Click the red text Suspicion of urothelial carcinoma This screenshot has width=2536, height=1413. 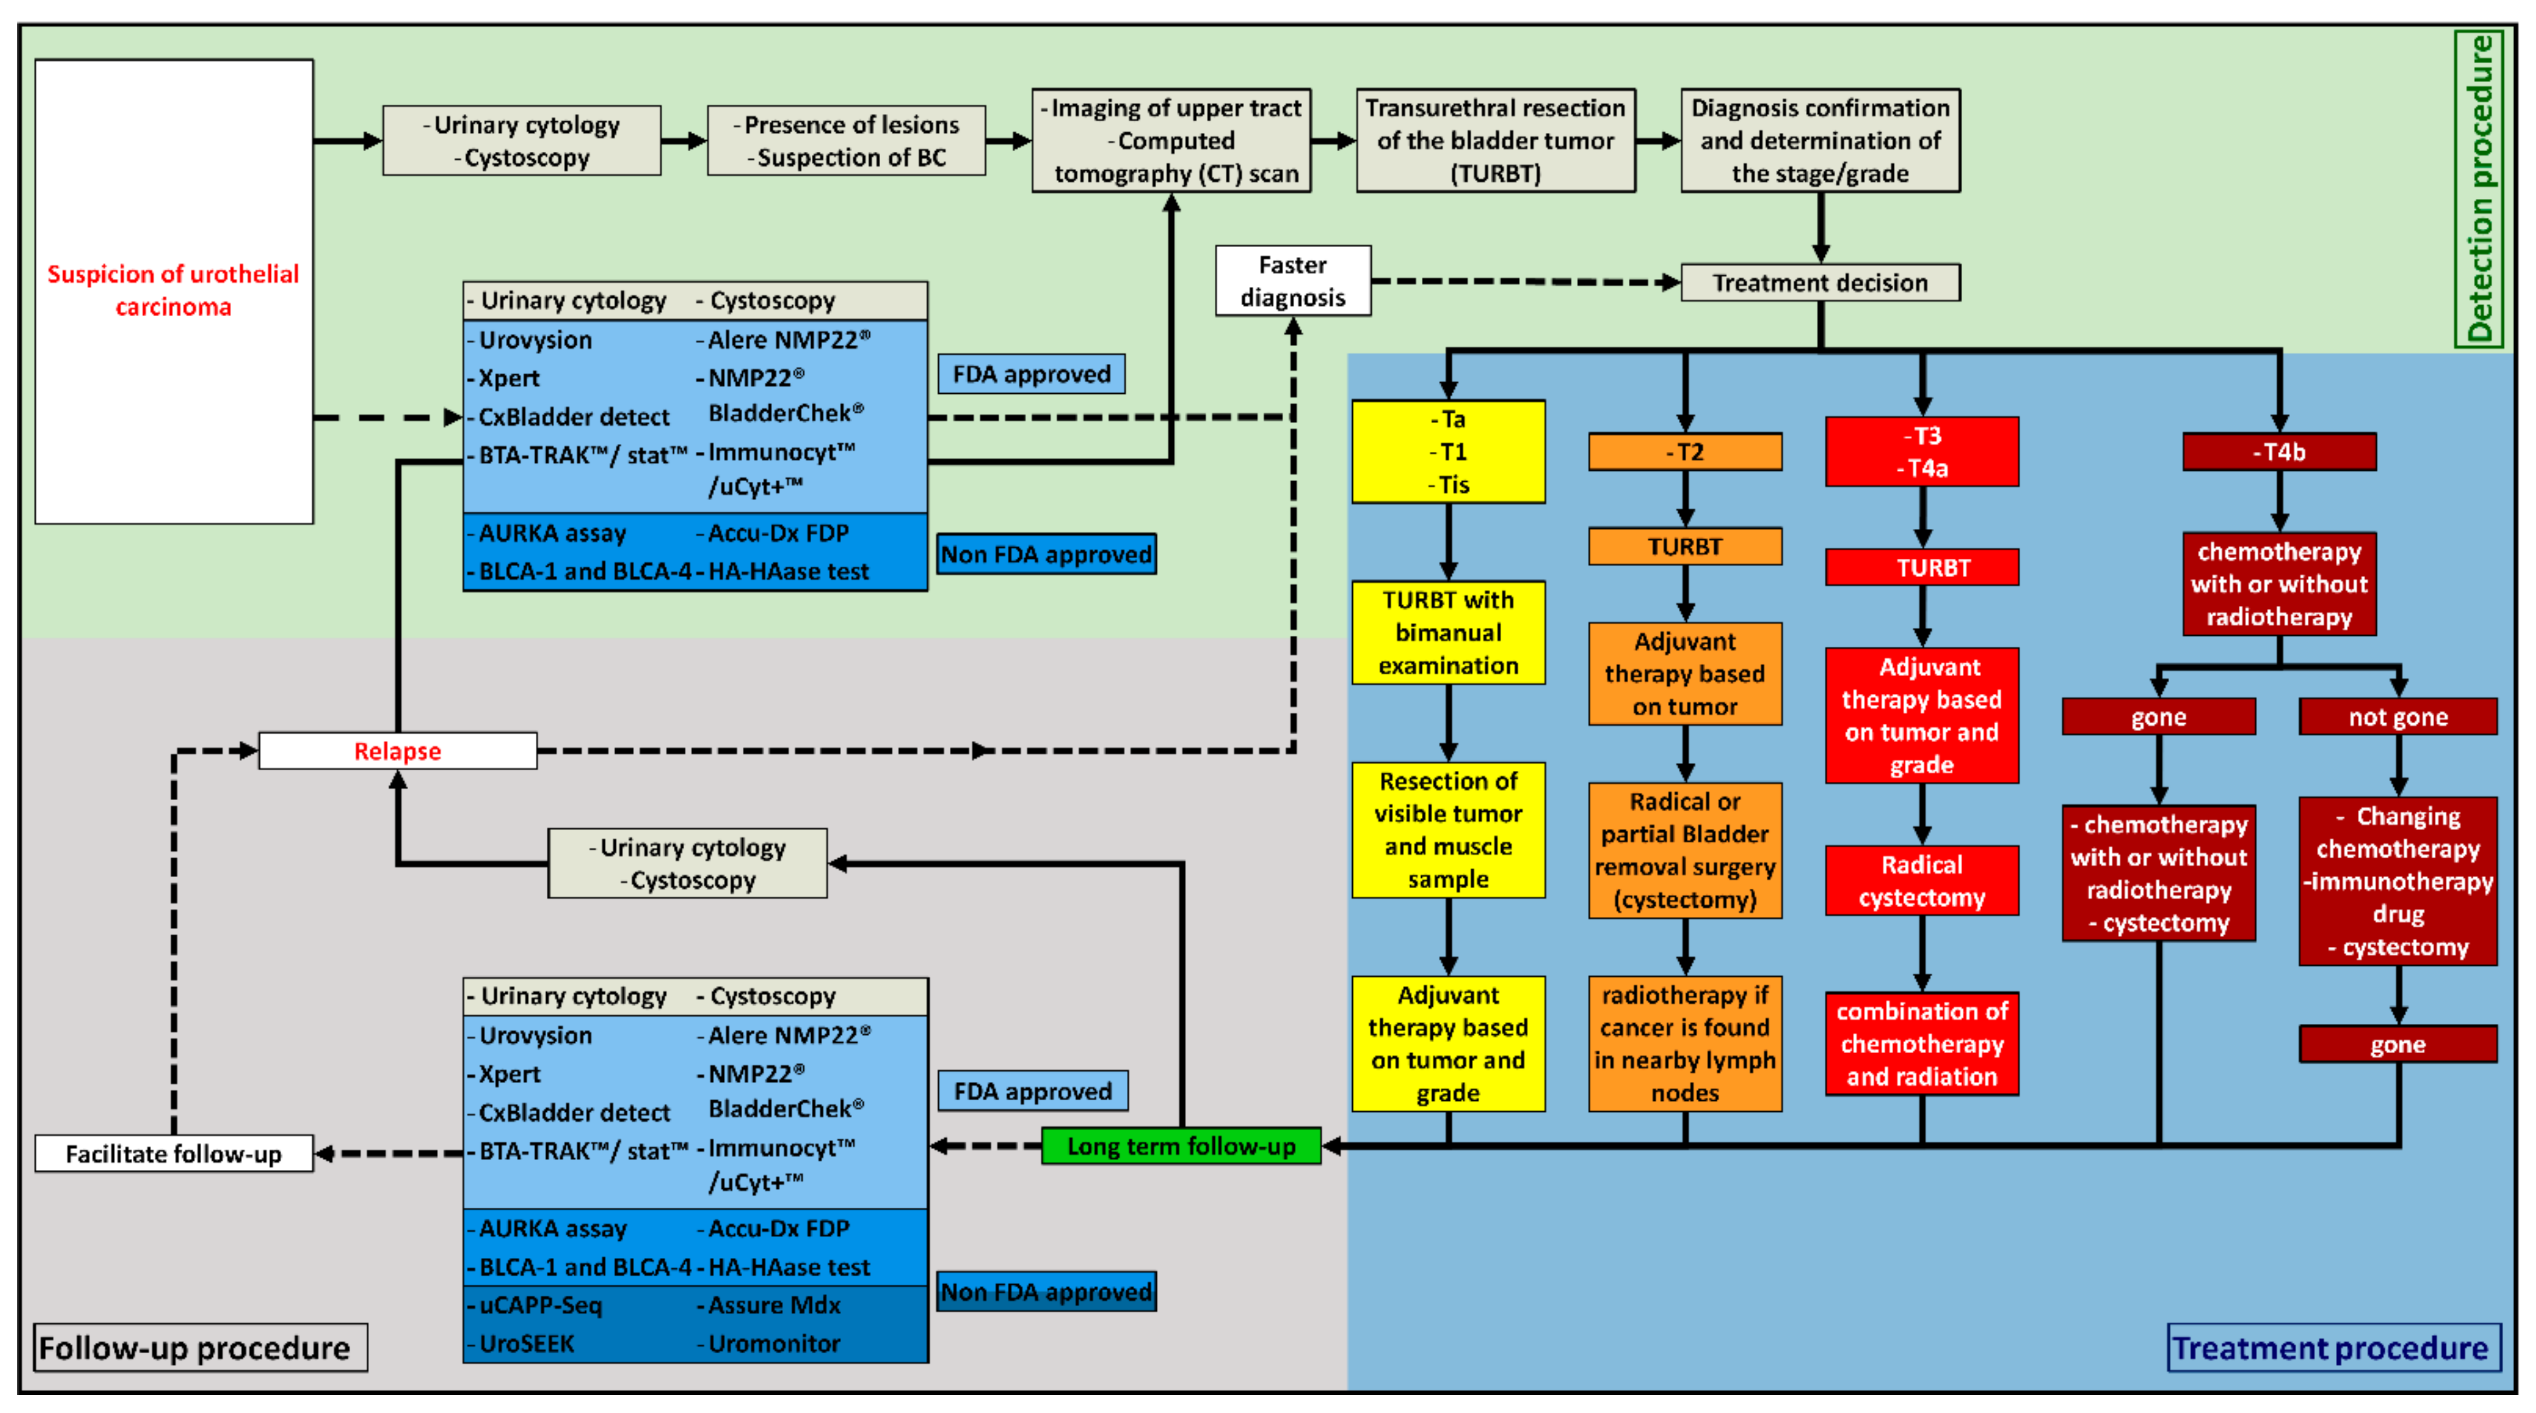(x=173, y=290)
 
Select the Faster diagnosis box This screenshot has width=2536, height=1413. (x=1292, y=281)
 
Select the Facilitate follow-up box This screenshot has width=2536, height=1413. (x=173, y=1153)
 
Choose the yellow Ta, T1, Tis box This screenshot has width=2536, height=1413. (x=1448, y=452)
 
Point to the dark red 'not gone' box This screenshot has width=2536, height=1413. (x=2397, y=717)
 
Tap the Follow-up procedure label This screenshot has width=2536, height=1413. (x=195, y=1347)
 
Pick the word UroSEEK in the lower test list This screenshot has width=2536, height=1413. (x=527, y=1343)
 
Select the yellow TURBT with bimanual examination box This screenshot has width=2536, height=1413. (x=1448, y=632)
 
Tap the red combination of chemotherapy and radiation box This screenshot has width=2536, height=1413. (x=1921, y=1044)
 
